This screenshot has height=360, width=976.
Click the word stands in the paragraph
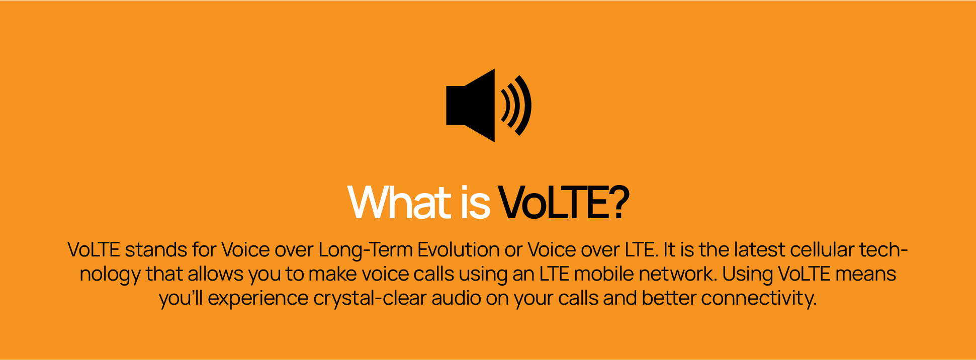tap(156, 249)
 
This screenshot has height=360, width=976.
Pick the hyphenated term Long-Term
tap(366, 250)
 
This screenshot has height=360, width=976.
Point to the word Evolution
tap(459, 249)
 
